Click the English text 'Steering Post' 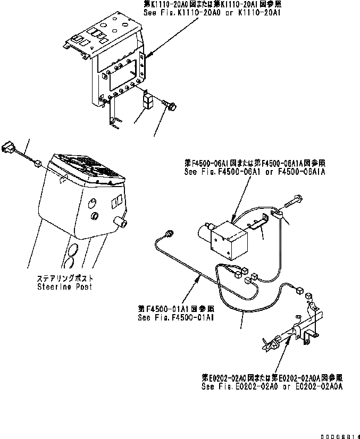64,287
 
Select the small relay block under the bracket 149,103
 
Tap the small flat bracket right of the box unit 259,223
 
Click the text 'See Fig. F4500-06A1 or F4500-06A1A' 255,172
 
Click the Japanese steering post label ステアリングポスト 65,278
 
